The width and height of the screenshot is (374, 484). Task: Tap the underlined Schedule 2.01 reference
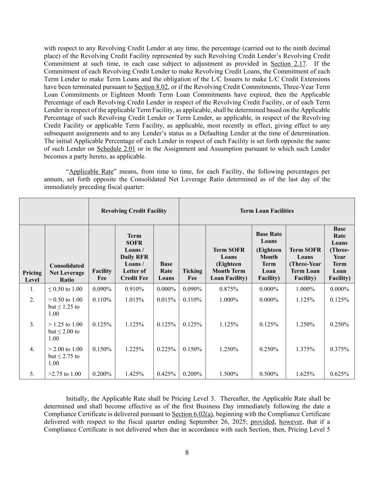point(116,149)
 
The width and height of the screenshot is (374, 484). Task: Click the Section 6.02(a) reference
point(192,414)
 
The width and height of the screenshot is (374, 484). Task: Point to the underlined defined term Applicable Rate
point(91,172)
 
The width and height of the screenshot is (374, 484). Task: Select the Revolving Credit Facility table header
point(134,211)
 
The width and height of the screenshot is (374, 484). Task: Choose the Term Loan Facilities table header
point(267,211)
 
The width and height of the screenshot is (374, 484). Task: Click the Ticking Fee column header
point(192,274)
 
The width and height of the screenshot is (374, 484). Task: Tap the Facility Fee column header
point(102,274)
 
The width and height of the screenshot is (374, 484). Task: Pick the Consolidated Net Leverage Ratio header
point(67,273)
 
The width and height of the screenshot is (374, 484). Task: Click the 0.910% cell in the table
point(134,289)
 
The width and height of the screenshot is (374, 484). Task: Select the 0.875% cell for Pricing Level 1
point(229,289)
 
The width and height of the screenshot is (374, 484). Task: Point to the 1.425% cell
point(134,374)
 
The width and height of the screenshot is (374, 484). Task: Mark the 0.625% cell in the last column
point(339,374)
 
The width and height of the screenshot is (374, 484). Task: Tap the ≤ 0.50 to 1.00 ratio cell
point(65,289)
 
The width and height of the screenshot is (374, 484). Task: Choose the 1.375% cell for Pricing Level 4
point(305,349)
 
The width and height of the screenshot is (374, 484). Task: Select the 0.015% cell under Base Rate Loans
point(166,300)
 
